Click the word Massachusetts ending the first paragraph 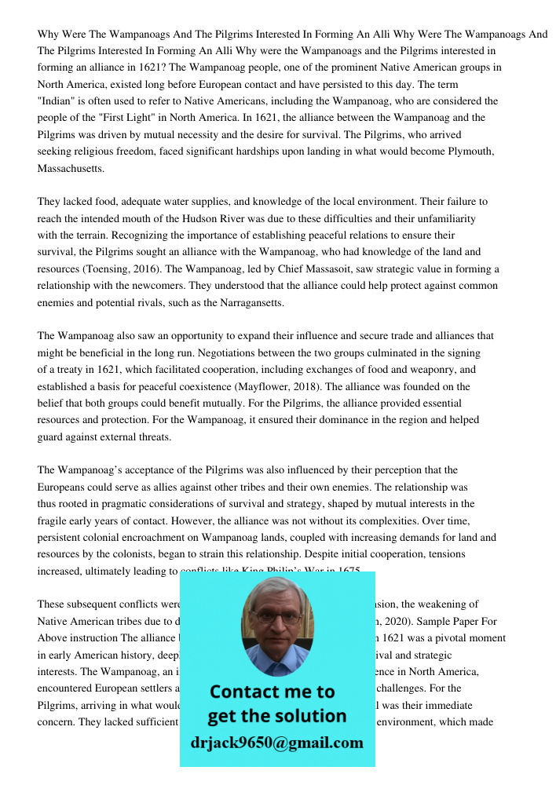70,169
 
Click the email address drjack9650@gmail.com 277,743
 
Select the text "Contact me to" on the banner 273,692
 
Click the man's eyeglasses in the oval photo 277,618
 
